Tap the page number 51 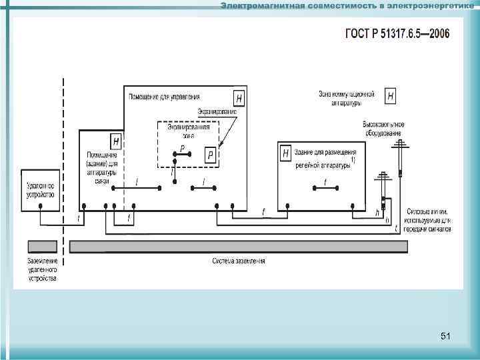pyautogui.click(x=445, y=337)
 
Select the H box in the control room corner pyautogui.click(x=239, y=97)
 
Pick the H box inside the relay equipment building pyautogui.click(x=286, y=153)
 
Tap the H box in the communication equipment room pyautogui.click(x=117, y=141)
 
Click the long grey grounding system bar pyautogui.click(x=238, y=247)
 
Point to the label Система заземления pyautogui.click(x=238, y=261)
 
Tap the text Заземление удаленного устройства pyautogui.click(x=42, y=269)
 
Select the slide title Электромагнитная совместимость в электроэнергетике pyautogui.click(x=347, y=6)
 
